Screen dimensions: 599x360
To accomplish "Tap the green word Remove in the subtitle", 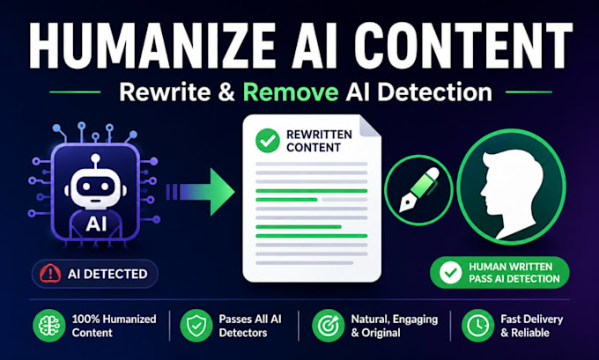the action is tap(291, 92).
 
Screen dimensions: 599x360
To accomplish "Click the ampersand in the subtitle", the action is tap(227, 92).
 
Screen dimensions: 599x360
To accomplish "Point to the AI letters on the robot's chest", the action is tap(96, 224).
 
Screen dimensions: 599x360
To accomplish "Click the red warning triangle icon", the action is tap(50, 274).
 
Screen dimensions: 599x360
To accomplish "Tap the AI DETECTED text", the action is tap(107, 274).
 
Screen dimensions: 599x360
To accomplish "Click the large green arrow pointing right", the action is tap(200, 192).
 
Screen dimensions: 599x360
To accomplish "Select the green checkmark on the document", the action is tap(268, 141).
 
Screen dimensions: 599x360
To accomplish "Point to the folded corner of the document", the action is tap(368, 127).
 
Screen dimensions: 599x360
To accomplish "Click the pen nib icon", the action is tap(418, 190).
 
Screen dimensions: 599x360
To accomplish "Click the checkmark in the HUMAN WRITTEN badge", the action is tap(450, 273).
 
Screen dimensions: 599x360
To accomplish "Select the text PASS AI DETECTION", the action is tap(514, 279).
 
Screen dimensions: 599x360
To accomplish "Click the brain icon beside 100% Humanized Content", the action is tap(49, 326).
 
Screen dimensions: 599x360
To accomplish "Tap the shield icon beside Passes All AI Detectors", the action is tap(196, 326).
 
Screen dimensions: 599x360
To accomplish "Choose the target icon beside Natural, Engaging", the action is tap(329, 326).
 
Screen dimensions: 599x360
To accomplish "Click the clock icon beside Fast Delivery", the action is tap(478, 326).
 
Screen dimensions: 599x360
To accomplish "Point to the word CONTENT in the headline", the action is tap(463, 46).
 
